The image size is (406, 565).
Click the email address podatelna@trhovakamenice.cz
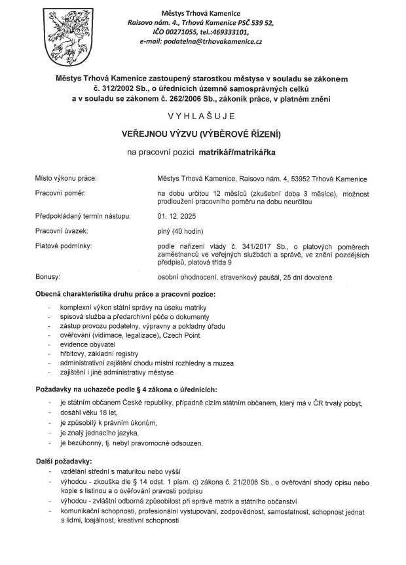click(x=214, y=41)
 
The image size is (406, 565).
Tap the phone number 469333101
click(x=229, y=31)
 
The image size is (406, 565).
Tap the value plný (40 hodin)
click(x=181, y=231)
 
